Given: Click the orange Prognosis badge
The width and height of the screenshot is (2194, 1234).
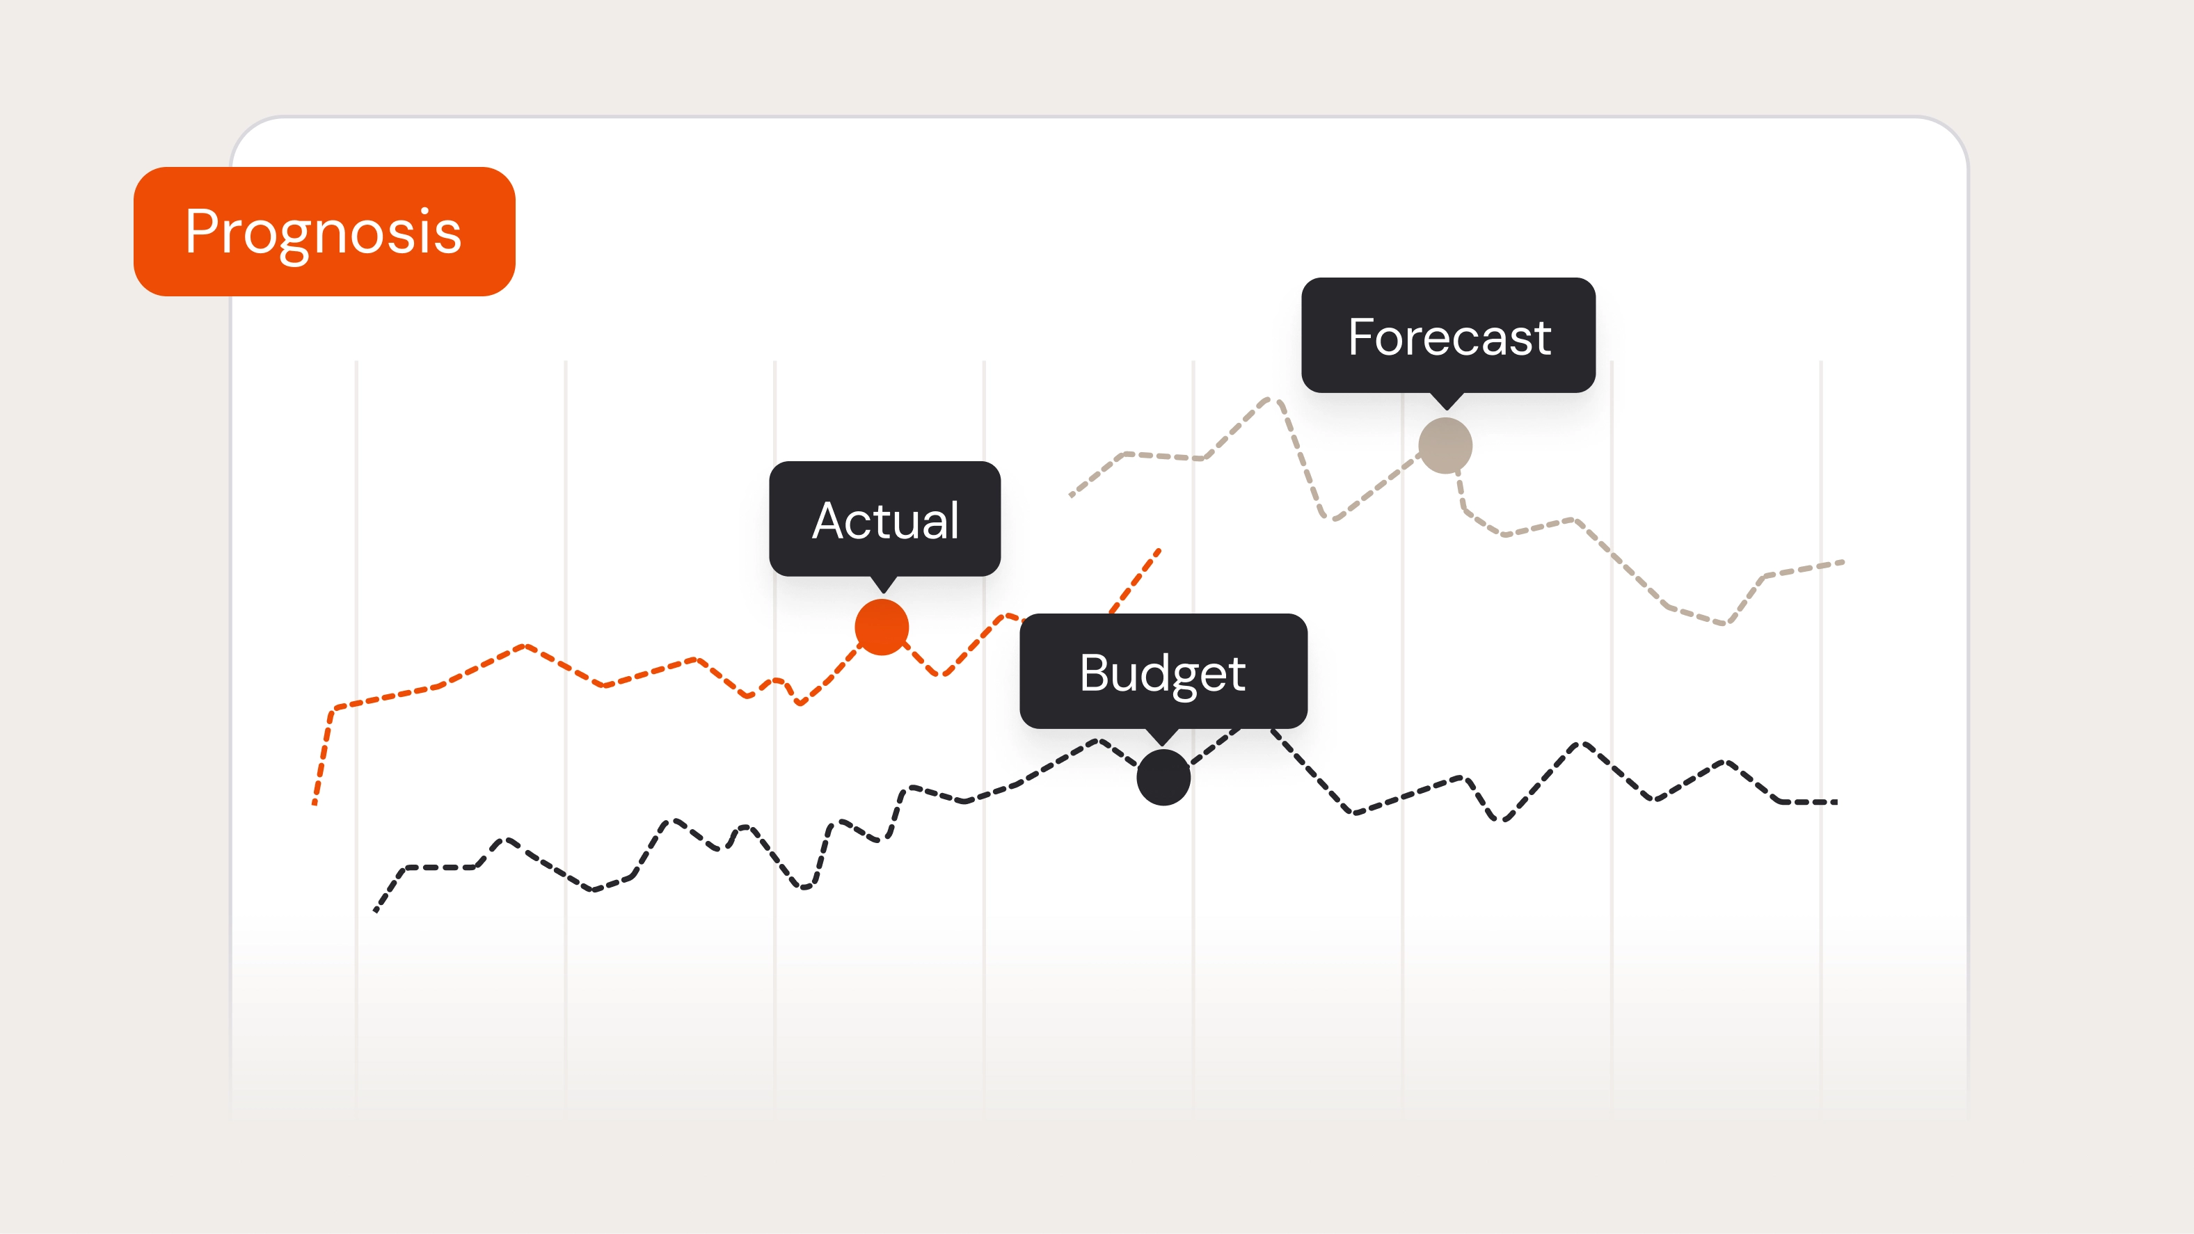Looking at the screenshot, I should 324,232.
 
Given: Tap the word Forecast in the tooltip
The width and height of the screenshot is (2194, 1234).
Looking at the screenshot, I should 1449,337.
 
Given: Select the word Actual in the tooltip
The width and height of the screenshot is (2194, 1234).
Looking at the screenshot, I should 885,520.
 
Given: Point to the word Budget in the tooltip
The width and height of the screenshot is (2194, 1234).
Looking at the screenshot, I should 1163,673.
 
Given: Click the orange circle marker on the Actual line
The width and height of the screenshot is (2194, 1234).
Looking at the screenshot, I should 882,627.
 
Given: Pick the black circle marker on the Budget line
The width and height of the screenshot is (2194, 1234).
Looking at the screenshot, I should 1163,777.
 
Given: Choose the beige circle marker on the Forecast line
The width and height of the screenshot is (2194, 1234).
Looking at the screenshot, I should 1445,445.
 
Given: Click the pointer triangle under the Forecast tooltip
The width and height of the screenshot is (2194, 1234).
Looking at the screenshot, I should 1446,401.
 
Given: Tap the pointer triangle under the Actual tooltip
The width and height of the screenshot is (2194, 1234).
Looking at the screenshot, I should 884,584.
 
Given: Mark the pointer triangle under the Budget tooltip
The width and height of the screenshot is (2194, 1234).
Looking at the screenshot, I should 1163,737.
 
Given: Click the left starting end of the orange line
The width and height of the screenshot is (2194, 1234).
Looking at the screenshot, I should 315,801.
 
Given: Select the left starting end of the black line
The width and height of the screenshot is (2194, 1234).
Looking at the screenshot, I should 376,911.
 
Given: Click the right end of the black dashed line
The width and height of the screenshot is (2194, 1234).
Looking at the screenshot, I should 1836,801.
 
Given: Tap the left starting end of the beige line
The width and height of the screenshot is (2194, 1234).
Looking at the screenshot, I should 1072,495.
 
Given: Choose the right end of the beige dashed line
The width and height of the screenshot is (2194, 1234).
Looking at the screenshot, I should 1843,562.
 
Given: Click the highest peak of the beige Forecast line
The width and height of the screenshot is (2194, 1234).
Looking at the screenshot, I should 1269,399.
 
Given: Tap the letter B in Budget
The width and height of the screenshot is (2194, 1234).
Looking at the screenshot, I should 1094,673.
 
